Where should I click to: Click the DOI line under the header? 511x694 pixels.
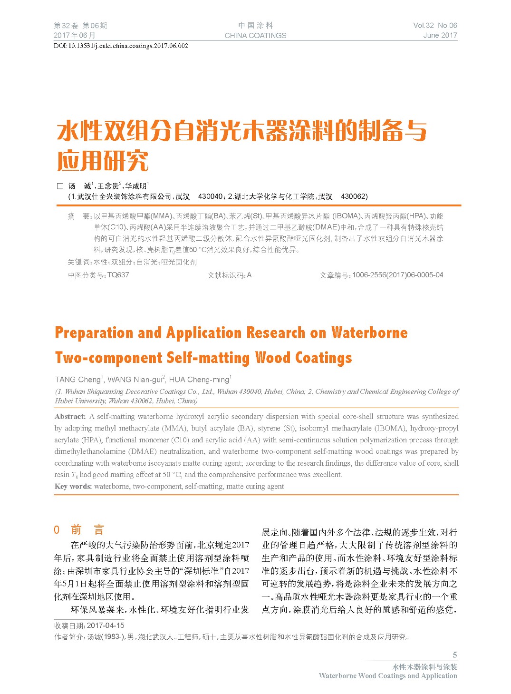[x=121, y=46]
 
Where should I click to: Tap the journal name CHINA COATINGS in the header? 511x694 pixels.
[x=255, y=36]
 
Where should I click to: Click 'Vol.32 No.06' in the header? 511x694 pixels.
[x=435, y=26]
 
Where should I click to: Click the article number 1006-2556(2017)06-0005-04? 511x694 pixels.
[x=397, y=275]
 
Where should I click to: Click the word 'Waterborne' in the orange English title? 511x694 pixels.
[x=369, y=332]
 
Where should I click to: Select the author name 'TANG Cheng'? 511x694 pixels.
[x=77, y=380]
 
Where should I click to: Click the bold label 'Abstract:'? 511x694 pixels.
[x=70, y=417]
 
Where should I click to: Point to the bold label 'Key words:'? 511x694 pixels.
[x=73, y=487]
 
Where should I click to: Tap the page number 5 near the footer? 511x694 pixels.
[x=454, y=655]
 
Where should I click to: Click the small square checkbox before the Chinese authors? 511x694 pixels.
[x=60, y=186]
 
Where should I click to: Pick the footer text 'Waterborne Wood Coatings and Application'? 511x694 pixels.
[x=387, y=676]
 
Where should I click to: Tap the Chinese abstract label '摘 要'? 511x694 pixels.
[x=78, y=216]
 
